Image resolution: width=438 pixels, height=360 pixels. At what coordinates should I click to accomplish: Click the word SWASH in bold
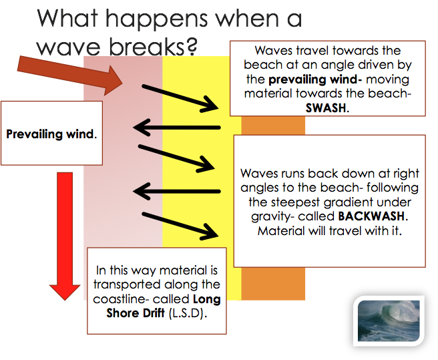(326, 108)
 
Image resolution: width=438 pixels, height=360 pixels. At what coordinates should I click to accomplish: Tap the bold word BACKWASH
(371, 216)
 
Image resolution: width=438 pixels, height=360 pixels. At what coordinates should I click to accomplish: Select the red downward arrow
(65, 236)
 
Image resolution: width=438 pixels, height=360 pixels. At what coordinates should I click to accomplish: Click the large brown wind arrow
(70, 75)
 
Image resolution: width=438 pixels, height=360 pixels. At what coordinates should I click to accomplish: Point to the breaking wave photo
(389, 321)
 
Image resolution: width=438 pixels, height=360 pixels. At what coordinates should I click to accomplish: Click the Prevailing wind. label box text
(51, 134)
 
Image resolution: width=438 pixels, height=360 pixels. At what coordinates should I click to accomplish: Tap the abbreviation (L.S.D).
(188, 313)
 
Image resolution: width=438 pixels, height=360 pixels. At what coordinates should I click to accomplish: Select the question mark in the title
(191, 46)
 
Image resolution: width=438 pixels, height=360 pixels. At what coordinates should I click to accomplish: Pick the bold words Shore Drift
(136, 313)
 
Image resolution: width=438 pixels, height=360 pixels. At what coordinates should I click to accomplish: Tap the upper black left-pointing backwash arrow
(177, 128)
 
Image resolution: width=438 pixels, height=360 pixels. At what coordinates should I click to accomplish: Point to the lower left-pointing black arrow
(177, 192)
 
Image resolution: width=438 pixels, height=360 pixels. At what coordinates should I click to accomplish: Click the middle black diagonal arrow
(176, 158)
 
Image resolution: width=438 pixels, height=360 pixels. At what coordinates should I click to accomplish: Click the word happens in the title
(156, 19)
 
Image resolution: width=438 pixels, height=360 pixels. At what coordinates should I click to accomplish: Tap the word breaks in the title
(147, 46)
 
